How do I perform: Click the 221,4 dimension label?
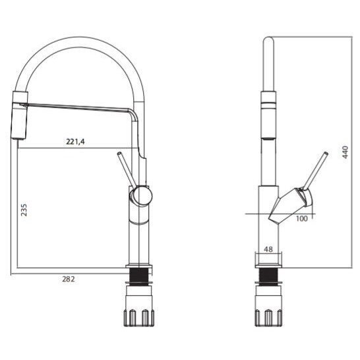coord(75,142)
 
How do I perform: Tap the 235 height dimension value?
coord(24,210)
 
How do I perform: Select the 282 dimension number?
coord(69,279)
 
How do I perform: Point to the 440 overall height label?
coord(345,152)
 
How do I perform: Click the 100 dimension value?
coord(302,219)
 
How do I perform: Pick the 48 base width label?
coord(268,249)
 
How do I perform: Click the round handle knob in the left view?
coord(142,196)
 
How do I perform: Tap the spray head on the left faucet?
coord(19,115)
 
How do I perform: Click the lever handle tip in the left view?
coord(119,154)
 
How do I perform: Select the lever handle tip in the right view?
coord(326,154)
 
